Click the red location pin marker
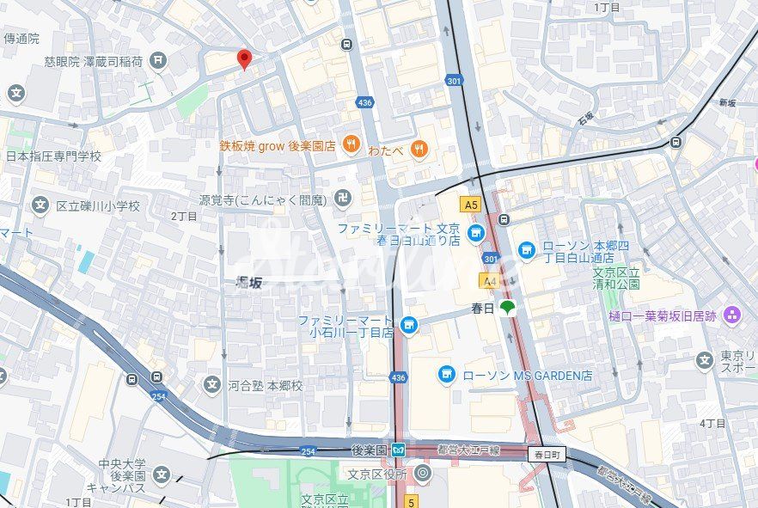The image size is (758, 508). coord(244,58)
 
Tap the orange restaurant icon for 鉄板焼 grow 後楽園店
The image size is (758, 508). coord(351,145)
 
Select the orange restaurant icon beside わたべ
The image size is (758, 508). coord(419,149)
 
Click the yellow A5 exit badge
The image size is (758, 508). coord(470,205)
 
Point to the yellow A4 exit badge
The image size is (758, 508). coord(490,280)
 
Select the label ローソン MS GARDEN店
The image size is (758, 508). coord(527,375)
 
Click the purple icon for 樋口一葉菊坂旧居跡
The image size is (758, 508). coord(732,315)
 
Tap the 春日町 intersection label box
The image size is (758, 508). coord(547,454)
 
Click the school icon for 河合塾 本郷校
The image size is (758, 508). coord(212,385)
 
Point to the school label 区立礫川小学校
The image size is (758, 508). coord(98,206)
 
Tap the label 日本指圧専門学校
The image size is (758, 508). coord(53,156)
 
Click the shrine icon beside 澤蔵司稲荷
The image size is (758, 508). coord(158,59)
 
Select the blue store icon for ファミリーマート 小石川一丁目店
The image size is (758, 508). coord(409,325)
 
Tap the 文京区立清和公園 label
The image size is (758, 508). coord(616,278)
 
